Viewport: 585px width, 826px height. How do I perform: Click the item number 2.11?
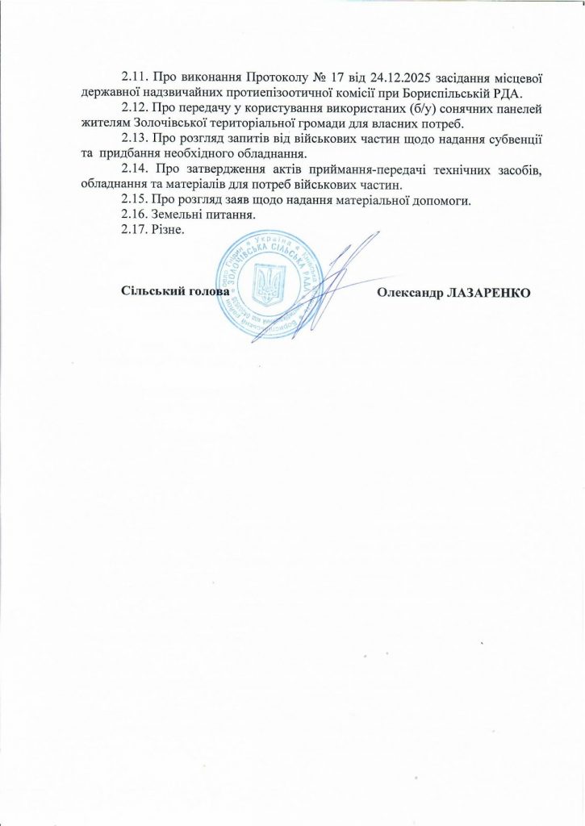134,78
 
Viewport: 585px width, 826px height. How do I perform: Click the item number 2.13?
134,139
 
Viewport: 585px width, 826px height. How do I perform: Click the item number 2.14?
134,169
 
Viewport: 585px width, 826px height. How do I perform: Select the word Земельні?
178,215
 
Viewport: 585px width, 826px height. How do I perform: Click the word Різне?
168,230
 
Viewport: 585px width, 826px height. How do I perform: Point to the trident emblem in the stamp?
265,285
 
